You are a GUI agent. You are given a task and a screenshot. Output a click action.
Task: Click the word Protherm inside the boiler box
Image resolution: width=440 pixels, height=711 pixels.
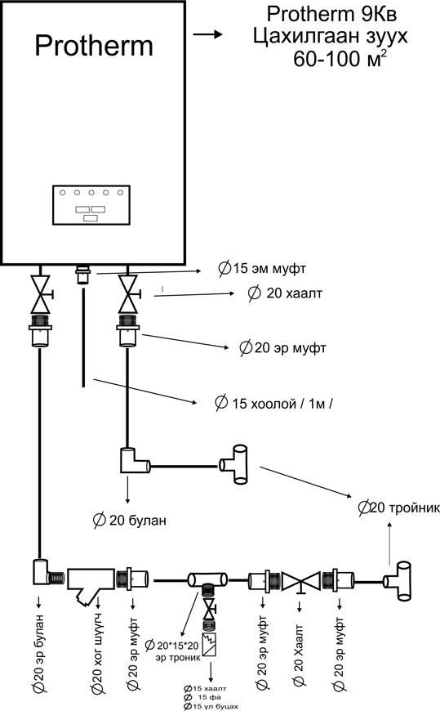94,47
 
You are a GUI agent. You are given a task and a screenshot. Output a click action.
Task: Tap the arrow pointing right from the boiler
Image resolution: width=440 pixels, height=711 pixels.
207,34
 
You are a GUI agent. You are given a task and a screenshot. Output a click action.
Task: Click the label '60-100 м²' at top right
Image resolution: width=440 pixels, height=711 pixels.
340,59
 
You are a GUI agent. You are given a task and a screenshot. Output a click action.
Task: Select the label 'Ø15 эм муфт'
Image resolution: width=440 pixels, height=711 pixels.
262,268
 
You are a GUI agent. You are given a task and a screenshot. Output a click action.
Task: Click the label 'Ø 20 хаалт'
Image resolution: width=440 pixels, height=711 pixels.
285,293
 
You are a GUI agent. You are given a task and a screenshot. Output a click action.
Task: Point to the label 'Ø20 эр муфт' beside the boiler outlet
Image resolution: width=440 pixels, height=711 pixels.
282,348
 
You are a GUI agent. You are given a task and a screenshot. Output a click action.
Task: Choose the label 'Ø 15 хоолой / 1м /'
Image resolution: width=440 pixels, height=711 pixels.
273,403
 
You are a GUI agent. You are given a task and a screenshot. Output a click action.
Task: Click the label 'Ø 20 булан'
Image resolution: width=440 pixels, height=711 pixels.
130,520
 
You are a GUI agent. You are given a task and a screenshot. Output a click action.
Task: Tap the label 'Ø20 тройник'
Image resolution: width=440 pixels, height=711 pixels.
398,508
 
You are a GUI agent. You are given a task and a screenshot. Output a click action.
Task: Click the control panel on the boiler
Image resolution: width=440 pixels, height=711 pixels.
91,205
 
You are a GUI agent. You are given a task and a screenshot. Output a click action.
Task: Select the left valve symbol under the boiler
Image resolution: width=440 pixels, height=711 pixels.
40,294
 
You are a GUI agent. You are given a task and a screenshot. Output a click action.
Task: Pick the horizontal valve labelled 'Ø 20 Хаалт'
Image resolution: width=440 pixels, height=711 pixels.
301,582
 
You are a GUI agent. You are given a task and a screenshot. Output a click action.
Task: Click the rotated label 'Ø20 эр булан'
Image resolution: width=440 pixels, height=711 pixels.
39,654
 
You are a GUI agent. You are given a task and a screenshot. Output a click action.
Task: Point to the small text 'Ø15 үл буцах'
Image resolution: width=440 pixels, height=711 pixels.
211,706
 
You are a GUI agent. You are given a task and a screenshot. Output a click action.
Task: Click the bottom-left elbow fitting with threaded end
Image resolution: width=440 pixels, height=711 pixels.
48,572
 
